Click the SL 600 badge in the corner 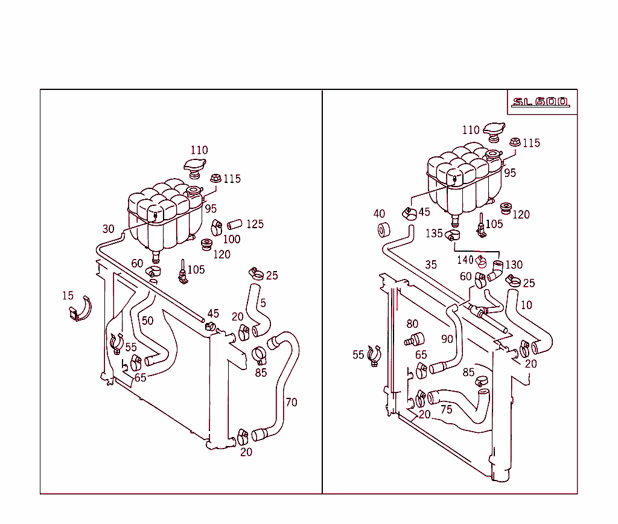[x=540, y=102]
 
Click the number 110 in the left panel [x=199, y=150]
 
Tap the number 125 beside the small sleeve [x=255, y=224]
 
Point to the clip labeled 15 [x=79, y=309]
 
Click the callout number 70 [x=291, y=402]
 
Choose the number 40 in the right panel [x=379, y=214]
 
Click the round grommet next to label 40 [x=384, y=231]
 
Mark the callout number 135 [x=434, y=233]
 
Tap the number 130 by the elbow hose [x=514, y=264]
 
